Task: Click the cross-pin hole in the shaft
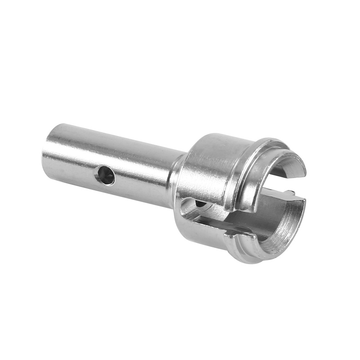click(x=105, y=175)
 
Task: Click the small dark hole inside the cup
click(x=201, y=204)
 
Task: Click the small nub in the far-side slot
click(x=290, y=194)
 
